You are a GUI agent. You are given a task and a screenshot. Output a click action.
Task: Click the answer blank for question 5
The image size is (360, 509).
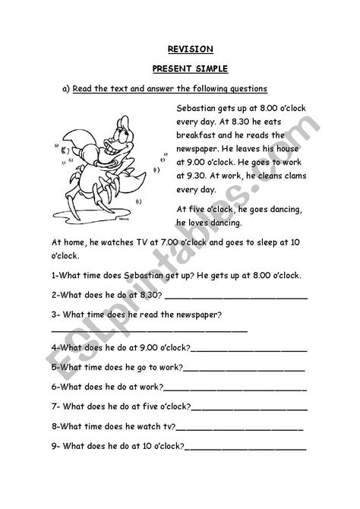(245, 368)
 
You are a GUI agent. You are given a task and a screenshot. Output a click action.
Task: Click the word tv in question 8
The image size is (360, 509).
(169, 425)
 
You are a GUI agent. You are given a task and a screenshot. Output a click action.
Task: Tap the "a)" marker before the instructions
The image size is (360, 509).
(65, 88)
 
